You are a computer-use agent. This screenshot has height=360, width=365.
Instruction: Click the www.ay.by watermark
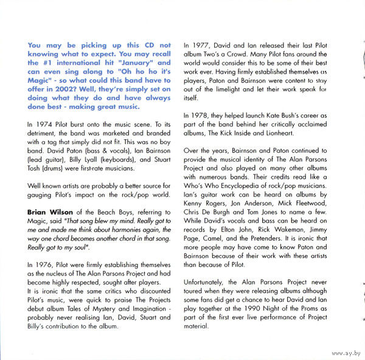click(x=343, y=351)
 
